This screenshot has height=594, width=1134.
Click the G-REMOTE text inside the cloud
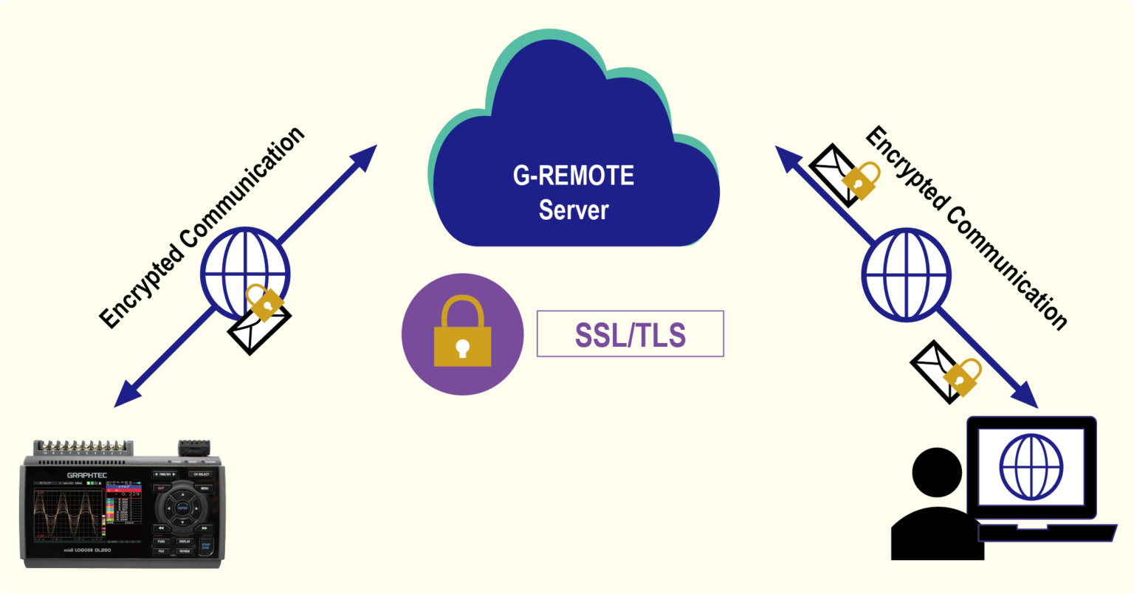click(573, 176)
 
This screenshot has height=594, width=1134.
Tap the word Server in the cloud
click(573, 210)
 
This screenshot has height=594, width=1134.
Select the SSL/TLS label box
click(630, 334)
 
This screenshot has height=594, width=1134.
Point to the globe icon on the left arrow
click(244, 272)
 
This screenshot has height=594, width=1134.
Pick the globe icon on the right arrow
click(906, 272)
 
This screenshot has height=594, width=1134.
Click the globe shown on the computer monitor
click(1031, 468)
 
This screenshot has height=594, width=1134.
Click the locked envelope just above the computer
click(946, 372)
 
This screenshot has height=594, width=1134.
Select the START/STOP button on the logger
click(205, 546)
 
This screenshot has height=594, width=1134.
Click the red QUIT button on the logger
click(160, 488)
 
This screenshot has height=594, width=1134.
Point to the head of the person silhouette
click(937, 472)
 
